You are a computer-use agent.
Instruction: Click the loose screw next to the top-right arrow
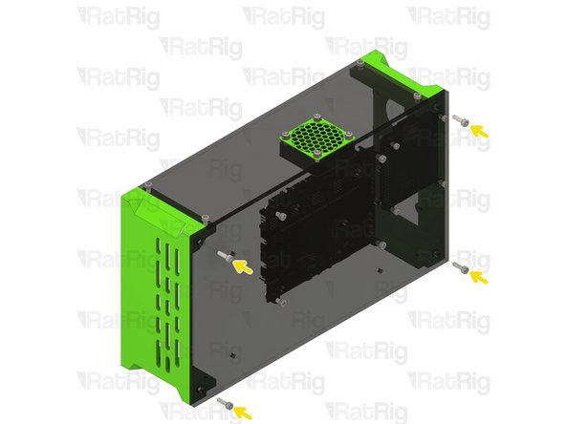pyautogui.click(x=459, y=121)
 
